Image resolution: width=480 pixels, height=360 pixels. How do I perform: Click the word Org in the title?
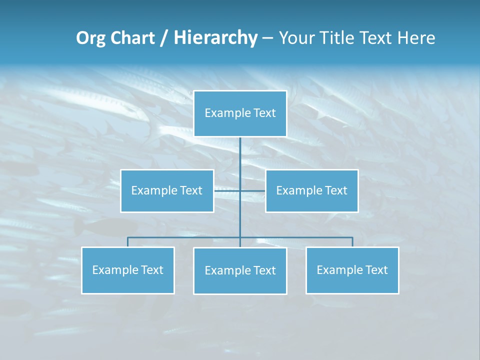(90, 38)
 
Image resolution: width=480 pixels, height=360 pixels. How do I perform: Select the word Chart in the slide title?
(131, 38)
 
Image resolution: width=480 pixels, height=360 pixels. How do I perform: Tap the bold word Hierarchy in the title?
(215, 38)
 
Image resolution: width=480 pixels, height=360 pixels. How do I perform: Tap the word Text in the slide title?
(377, 38)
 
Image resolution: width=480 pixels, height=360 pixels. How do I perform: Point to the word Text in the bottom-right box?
(376, 270)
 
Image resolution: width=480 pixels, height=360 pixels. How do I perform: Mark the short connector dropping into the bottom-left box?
(128, 242)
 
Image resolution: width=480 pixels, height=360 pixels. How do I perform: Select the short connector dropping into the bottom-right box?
(352, 242)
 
